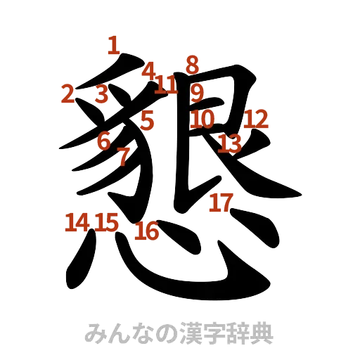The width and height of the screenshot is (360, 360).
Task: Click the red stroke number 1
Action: click(112, 46)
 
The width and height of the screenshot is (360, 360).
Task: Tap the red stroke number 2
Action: click(67, 94)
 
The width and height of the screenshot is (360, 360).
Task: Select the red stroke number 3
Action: click(102, 94)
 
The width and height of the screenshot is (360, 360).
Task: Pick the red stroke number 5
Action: click(146, 120)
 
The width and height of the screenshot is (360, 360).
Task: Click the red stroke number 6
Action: click(104, 141)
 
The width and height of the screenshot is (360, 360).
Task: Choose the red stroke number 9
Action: click(197, 91)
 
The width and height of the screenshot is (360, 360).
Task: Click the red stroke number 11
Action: click(167, 86)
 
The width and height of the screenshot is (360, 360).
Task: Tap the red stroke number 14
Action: click(76, 223)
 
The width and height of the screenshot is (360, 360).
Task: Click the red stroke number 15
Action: click(107, 222)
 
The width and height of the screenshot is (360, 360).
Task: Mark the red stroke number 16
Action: click(147, 231)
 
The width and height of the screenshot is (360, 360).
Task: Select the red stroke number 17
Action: click(220, 202)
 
